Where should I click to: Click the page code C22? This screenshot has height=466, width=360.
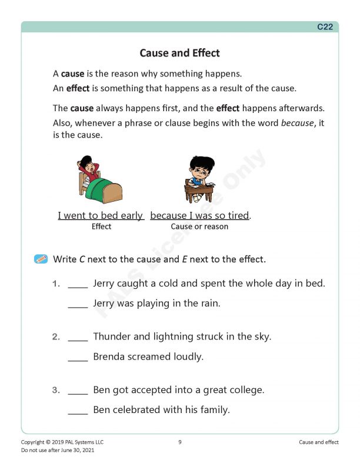pos(325,26)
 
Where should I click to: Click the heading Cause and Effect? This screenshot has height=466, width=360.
pos(179,53)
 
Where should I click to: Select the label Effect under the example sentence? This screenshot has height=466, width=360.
pos(101,227)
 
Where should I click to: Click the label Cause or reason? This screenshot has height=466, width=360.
pos(199,227)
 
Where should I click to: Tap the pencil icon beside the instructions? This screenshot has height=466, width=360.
pos(41,258)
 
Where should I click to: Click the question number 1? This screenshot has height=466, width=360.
pos(56,284)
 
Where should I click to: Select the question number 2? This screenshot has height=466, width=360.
pos(56,337)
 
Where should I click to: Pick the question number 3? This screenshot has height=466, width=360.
pos(56,390)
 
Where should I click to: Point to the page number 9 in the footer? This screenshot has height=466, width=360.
pos(179,442)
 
